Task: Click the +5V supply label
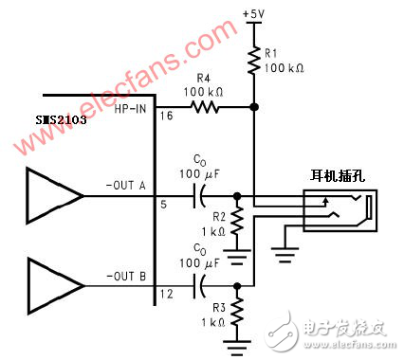click(254, 14)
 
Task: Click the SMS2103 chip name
click(61, 121)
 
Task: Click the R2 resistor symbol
click(237, 220)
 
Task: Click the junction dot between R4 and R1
click(254, 109)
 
